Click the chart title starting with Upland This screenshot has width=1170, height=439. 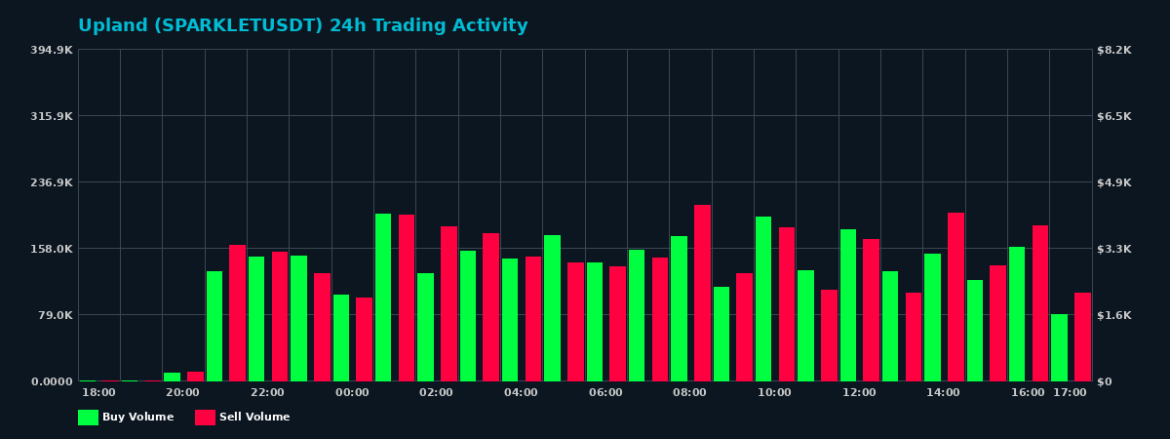(x=302, y=26)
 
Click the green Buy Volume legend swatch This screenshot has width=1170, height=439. (x=88, y=418)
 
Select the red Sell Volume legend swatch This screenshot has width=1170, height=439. (x=205, y=418)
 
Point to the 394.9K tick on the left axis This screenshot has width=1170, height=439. (x=52, y=50)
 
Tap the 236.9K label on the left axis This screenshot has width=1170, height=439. (x=52, y=182)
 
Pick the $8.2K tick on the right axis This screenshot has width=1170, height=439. (x=1114, y=50)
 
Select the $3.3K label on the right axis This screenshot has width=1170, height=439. (x=1114, y=249)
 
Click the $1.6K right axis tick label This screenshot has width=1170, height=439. (x=1114, y=315)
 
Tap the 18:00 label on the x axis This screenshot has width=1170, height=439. (x=98, y=392)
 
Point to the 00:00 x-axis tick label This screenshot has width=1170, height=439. (x=352, y=392)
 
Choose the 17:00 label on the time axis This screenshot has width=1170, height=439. (x=1070, y=392)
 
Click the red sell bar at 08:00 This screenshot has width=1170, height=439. (x=702, y=293)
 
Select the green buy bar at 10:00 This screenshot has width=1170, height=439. (x=763, y=299)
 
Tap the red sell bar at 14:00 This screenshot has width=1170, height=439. (x=955, y=297)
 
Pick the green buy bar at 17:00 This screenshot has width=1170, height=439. (x=1059, y=347)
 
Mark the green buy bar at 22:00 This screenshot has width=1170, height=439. (x=256, y=318)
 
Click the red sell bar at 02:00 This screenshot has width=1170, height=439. (x=448, y=303)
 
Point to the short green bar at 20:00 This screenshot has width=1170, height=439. (x=172, y=377)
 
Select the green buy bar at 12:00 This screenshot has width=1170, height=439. (x=848, y=304)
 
